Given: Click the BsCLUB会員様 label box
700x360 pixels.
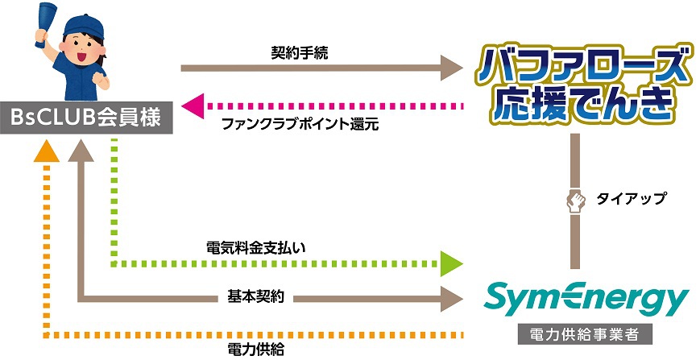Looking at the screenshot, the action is coord(86,118).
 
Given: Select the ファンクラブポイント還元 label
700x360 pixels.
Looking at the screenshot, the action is coord(300,125).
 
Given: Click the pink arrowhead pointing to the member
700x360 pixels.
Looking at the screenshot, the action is coord(193,106).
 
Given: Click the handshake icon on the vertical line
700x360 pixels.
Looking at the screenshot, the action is coord(575,201).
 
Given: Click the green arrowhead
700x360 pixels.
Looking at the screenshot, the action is coord(451,263).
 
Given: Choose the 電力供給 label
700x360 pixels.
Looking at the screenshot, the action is coord(256,350).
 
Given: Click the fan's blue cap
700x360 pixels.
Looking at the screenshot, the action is coord(84,27).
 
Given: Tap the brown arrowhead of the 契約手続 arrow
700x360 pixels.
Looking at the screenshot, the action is coord(451,68).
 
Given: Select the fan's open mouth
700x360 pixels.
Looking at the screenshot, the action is coord(83,56).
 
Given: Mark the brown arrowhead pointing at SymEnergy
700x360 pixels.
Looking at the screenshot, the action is coord(451,299).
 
